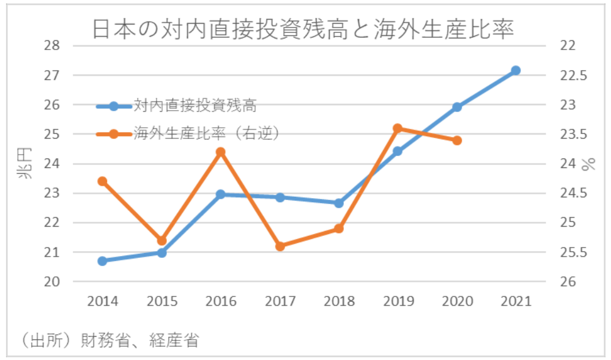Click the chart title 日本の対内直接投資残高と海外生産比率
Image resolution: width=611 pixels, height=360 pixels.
tap(303, 29)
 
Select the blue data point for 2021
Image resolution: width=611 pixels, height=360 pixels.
tap(516, 71)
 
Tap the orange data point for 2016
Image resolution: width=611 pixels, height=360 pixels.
tap(221, 152)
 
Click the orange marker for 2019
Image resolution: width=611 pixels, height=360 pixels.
tap(398, 128)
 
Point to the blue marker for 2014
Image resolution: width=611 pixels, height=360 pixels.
tap(103, 261)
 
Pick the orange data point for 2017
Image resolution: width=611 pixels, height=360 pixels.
tap(280, 246)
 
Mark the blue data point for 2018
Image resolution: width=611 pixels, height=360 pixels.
tap(339, 203)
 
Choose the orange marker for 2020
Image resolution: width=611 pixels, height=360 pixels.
tap(457, 141)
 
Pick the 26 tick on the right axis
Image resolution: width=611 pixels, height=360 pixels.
tap(568, 282)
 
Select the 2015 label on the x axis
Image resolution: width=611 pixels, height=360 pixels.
tap(162, 301)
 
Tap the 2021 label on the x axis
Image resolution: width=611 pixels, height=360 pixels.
tap(516, 301)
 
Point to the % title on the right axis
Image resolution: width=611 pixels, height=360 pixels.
tap(589, 164)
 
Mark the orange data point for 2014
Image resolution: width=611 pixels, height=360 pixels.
tap(103, 181)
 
